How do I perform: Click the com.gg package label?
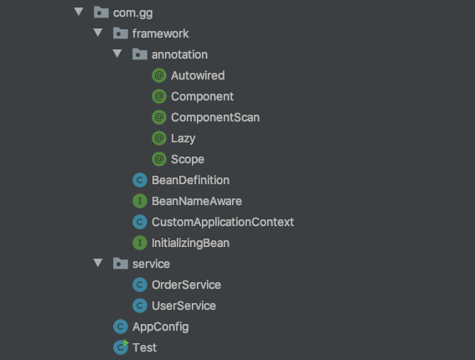(x=132, y=13)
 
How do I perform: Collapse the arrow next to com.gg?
(x=79, y=12)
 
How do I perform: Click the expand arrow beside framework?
(x=98, y=33)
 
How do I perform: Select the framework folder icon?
(x=121, y=33)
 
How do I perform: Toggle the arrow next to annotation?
(x=117, y=54)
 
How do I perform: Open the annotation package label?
(x=179, y=54)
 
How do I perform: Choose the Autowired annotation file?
(x=198, y=75)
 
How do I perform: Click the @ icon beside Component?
(x=159, y=96)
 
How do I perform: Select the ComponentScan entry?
(x=215, y=117)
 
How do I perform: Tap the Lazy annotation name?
(x=183, y=139)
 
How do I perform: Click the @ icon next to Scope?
(x=159, y=159)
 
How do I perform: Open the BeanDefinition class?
(x=190, y=180)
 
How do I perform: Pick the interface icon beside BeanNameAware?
(x=140, y=201)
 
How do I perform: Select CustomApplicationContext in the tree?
(x=223, y=222)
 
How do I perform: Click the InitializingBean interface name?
(x=190, y=243)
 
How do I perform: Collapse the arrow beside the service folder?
(x=98, y=263)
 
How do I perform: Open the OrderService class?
(x=186, y=285)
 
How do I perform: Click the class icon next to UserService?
(x=140, y=306)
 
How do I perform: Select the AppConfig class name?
(x=161, y=327)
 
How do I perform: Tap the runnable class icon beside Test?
(x=121, y=347)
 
